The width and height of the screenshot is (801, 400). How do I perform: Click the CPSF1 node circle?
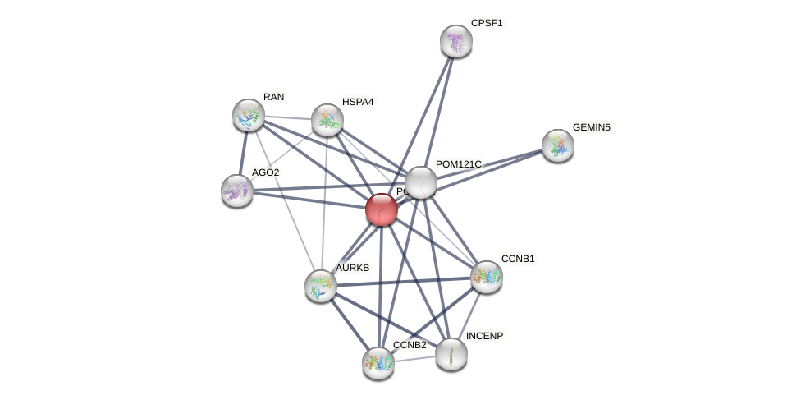coord(455,41)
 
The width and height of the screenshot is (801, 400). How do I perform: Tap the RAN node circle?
coord(248,115)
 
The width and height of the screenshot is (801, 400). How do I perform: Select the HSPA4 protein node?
coord(327,120)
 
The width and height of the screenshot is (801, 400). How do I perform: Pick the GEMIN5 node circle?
coord(557,145)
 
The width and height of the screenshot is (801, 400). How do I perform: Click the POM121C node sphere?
coord(420,182)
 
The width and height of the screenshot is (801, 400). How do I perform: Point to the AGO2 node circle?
coord(236,191)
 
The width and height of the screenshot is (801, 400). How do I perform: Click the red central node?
coord(382,209)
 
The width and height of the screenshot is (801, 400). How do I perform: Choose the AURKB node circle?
coord(320,285)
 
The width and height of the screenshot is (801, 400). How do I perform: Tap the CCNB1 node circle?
coord(486,277)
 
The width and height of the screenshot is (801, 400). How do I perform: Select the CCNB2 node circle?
coord(378,362)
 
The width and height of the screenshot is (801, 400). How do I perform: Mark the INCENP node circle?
coord(451,354)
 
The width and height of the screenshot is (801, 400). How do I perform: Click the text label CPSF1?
coord(487,23)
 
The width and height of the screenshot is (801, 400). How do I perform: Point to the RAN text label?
coord(273,97)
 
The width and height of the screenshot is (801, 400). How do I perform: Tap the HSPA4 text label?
coord(358,102)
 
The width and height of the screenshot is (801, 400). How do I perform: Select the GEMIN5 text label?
coord(591,127)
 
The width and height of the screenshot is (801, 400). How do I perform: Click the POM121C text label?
coord(458,164)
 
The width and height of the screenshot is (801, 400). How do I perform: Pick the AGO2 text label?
coord(265,172)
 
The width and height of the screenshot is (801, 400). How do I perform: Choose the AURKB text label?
coord(352,268)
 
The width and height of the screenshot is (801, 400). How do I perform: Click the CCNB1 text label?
coord(518,259)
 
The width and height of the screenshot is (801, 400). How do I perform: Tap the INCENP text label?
coord(484,336)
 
